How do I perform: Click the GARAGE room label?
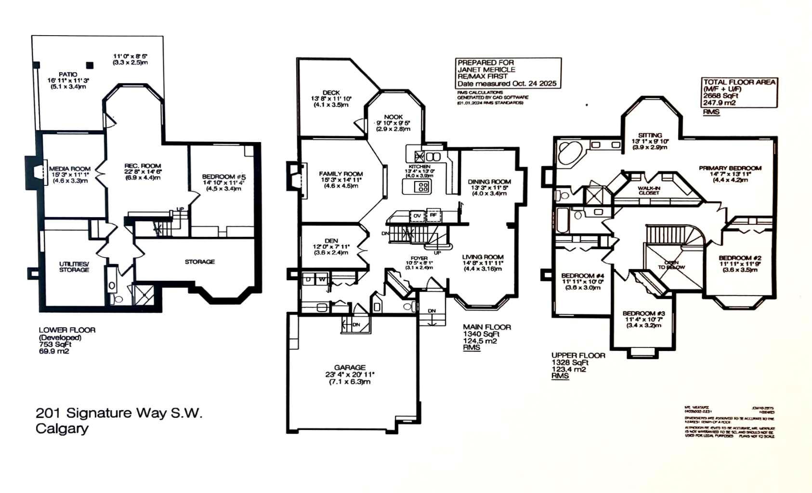tap(350, 367)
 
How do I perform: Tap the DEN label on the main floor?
tap(331, 241)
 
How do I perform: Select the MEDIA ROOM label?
tap(70, 169)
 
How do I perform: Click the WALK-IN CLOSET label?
tap(648, 191)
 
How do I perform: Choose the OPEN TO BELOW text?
tap(671, 265)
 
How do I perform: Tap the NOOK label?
tap(393, 117)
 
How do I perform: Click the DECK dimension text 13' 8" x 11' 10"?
tap(331, 99)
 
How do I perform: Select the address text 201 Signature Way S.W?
tap(119, 413)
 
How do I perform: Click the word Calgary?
tap(62, 428)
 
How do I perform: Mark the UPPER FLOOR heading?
tap(578, 355)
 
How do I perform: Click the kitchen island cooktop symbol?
tap(423, 187)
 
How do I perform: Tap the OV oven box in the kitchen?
tap(417, 216)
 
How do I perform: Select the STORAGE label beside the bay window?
tap(199, 262)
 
